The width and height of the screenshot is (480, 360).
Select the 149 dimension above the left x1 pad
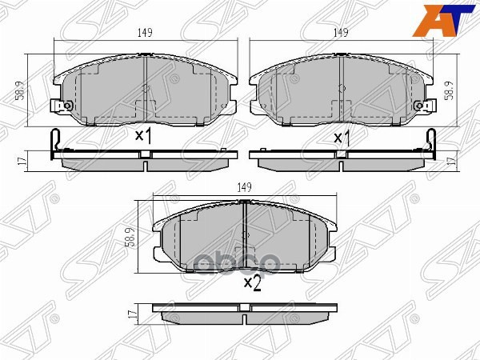coord(144,33)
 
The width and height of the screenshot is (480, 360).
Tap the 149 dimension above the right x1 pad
coord(342,33)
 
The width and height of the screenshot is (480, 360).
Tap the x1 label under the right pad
coord(342,138)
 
